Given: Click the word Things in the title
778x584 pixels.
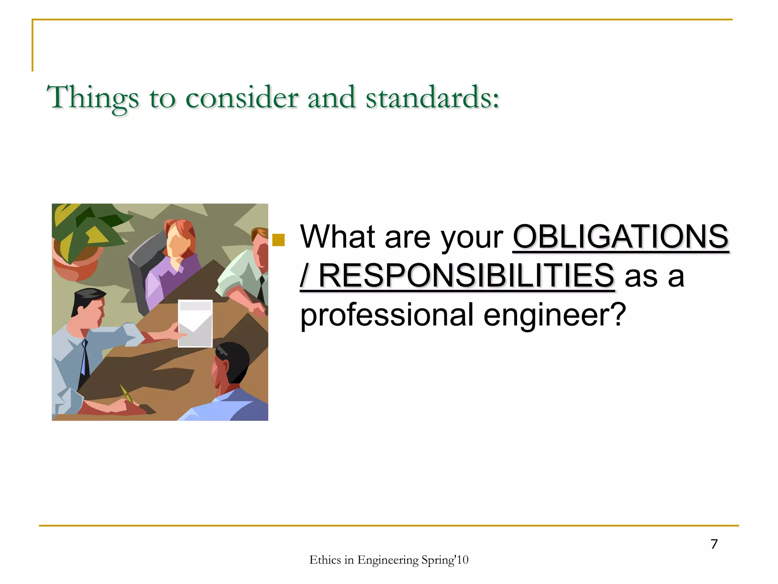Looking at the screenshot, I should click(92, 98).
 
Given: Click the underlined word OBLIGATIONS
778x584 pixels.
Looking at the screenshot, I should click(620, 237).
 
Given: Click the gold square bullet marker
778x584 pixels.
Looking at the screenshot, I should click(278, 240).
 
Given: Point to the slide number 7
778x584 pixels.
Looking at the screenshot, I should click(714, 544).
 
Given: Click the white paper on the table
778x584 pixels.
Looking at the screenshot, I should click(195, 323).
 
